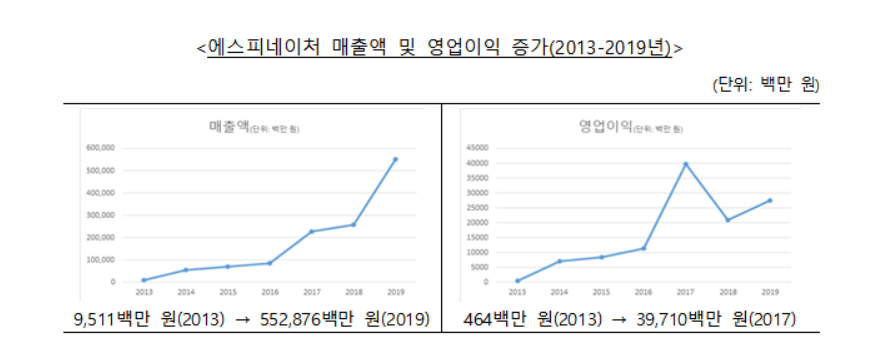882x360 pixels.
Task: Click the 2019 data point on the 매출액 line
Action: (395, 159)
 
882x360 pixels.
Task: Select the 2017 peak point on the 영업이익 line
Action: (685, 164)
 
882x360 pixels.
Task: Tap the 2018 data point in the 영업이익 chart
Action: (727, 220)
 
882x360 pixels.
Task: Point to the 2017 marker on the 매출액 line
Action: (311, 231)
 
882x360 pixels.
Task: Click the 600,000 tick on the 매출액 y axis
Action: (102, 148)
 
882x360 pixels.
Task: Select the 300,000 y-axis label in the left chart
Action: (102, 215)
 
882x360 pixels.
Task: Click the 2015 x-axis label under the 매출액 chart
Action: (228, 292)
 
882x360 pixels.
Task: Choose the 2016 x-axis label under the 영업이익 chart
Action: (643, 292)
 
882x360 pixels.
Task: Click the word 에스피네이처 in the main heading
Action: (264, 47)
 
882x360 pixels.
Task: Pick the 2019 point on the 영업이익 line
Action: (769, 200)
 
